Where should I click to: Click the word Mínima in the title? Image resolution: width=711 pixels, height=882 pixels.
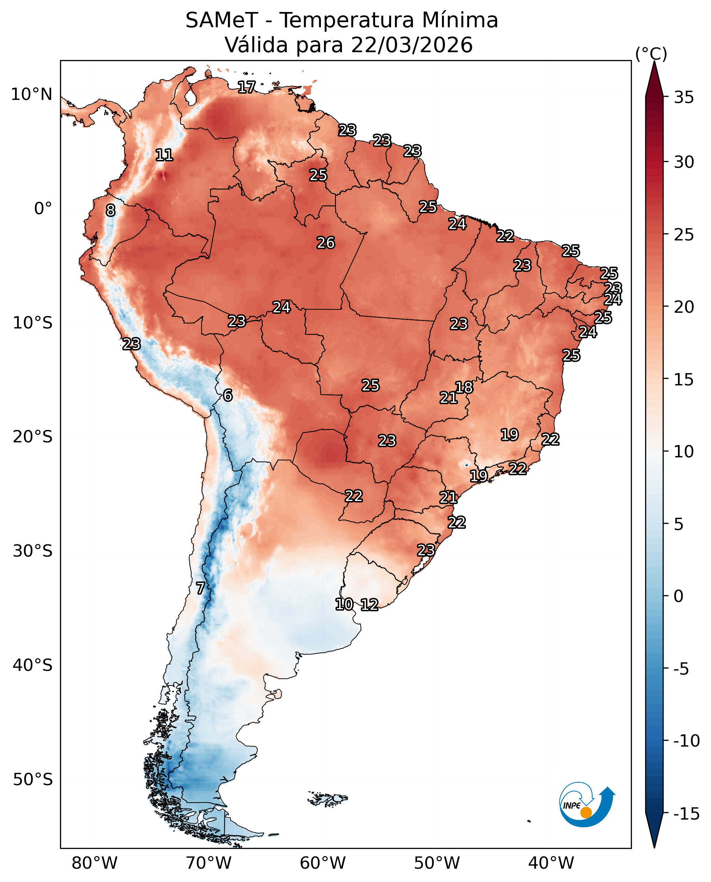460,20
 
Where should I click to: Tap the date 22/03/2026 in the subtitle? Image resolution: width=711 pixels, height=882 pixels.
412,45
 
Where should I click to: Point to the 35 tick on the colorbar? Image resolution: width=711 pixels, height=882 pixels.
684,98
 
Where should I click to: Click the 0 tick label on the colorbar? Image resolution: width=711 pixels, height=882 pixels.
679,596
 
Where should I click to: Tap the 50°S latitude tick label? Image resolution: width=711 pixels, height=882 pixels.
33,779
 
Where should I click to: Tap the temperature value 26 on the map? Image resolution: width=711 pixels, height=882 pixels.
326,243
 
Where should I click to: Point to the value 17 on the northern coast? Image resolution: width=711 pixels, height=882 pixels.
247,87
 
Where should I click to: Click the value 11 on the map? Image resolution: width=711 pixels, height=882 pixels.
164,155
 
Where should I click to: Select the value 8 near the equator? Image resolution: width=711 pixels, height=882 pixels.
110,210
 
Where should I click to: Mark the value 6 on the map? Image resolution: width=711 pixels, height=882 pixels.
228,395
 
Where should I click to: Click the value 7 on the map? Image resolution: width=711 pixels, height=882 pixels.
200,589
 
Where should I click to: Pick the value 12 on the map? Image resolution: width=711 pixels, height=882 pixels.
369,605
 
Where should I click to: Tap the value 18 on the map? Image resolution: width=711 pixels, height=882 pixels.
464,387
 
